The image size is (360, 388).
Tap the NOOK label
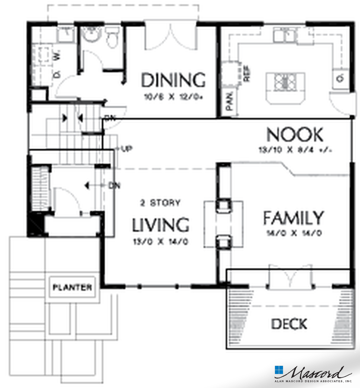(294, 135)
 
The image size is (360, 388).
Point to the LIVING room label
(161, 225)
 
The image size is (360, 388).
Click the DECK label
(289, 324)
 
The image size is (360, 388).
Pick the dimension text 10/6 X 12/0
(173, 96)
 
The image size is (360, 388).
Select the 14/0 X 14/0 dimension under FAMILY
(293, 233)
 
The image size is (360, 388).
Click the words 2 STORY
(160, 203)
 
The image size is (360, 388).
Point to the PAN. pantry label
(230, 101)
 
